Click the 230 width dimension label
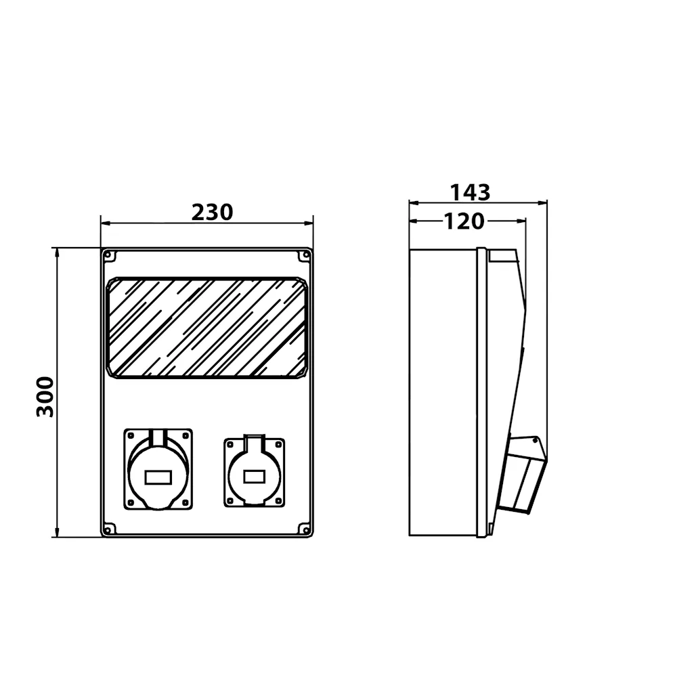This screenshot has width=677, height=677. coord(212,212)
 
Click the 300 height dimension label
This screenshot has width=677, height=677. coord(45,397)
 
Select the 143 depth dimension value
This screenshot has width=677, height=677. coord(471,192)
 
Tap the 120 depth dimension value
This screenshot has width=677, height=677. coord(464,221)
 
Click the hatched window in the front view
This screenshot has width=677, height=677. coord(207,328)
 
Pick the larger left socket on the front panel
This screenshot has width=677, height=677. coord(158,469)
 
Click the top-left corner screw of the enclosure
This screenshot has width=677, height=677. coord(108,255)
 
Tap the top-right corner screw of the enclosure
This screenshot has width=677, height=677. coord(306,255)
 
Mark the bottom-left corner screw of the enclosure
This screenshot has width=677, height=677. coord(108,530)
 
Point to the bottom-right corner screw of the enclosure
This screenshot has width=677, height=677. coord(306,530)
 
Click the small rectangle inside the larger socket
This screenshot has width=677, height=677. coord(158,477)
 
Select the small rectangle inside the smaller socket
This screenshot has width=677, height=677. coord(255,477)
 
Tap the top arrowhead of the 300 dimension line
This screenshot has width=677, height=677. coord(57,253)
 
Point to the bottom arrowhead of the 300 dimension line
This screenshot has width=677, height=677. coord(57,532)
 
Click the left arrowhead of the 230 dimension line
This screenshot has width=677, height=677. coord(106,223)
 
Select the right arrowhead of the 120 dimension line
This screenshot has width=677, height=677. coord(521,221)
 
